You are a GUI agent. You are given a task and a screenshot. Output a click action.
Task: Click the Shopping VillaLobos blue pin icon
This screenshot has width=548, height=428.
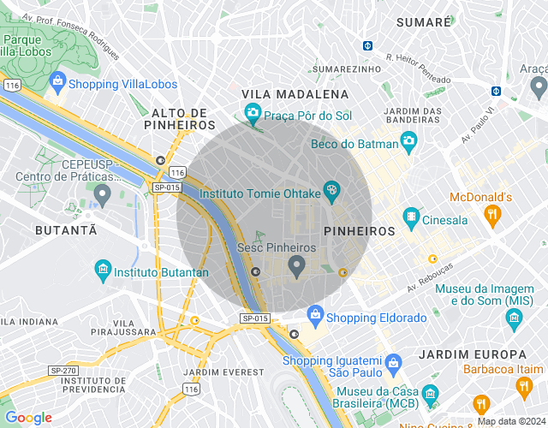pyautogui.click(x=57, y=82)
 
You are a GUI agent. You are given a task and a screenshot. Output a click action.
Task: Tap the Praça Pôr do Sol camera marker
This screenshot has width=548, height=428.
pyautogui.click(x=253, y=112)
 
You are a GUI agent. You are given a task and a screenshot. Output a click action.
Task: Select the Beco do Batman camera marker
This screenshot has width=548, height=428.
pyautogui.click(x=409, y=140)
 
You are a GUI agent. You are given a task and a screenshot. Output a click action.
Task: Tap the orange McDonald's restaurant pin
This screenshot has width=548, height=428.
pyautogui.click(x=492, y=216)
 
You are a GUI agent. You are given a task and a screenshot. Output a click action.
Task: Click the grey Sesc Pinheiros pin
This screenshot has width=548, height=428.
pyautogui.click(x=297, y=266)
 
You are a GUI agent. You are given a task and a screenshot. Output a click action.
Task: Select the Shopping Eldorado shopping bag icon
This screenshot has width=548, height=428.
pyautogui.click(x=315, y=315)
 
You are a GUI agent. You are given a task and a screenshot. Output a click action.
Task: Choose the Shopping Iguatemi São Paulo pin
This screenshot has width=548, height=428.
pyautogui.click(x=392, y=361)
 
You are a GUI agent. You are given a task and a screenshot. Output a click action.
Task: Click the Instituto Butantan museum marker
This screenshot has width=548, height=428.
pyautogui.click(x=103, y=270)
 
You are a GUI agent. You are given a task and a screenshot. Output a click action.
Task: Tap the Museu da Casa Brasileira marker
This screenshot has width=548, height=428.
pyautogui.click(x=430, y=394)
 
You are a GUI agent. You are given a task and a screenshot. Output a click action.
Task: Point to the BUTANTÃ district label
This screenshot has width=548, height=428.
pyautogui.click(x=66, y=230)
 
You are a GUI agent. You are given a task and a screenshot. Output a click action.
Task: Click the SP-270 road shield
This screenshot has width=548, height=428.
pyautogui.click(x=63, y=371)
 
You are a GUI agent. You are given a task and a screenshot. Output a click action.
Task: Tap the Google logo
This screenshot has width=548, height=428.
pyautogui.click(x=28, y=418)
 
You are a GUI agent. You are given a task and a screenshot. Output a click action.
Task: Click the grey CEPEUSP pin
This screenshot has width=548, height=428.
pyautogui.click(x=103, y=195)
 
